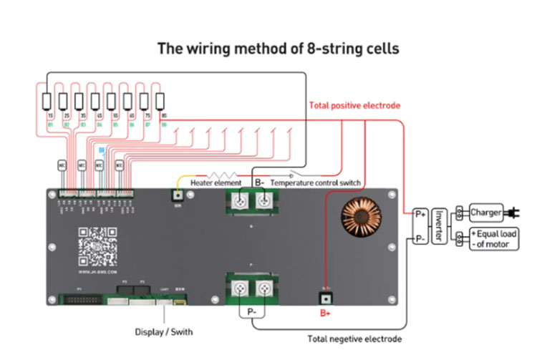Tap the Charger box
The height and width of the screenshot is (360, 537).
point(487,213)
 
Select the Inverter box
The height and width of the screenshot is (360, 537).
point(440,225)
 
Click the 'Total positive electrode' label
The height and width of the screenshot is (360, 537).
point(354,105)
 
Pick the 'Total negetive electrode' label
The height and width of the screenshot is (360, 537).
point(354,339)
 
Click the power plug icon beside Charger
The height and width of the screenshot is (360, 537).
point(513,213)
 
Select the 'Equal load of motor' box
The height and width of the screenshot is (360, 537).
point(493,239)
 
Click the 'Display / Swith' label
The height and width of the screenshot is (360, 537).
point(163,332)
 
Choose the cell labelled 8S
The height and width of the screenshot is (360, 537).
point(161,101)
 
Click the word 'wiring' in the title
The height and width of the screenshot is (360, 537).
point(221,49)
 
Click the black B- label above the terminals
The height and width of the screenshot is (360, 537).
point(260,183)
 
